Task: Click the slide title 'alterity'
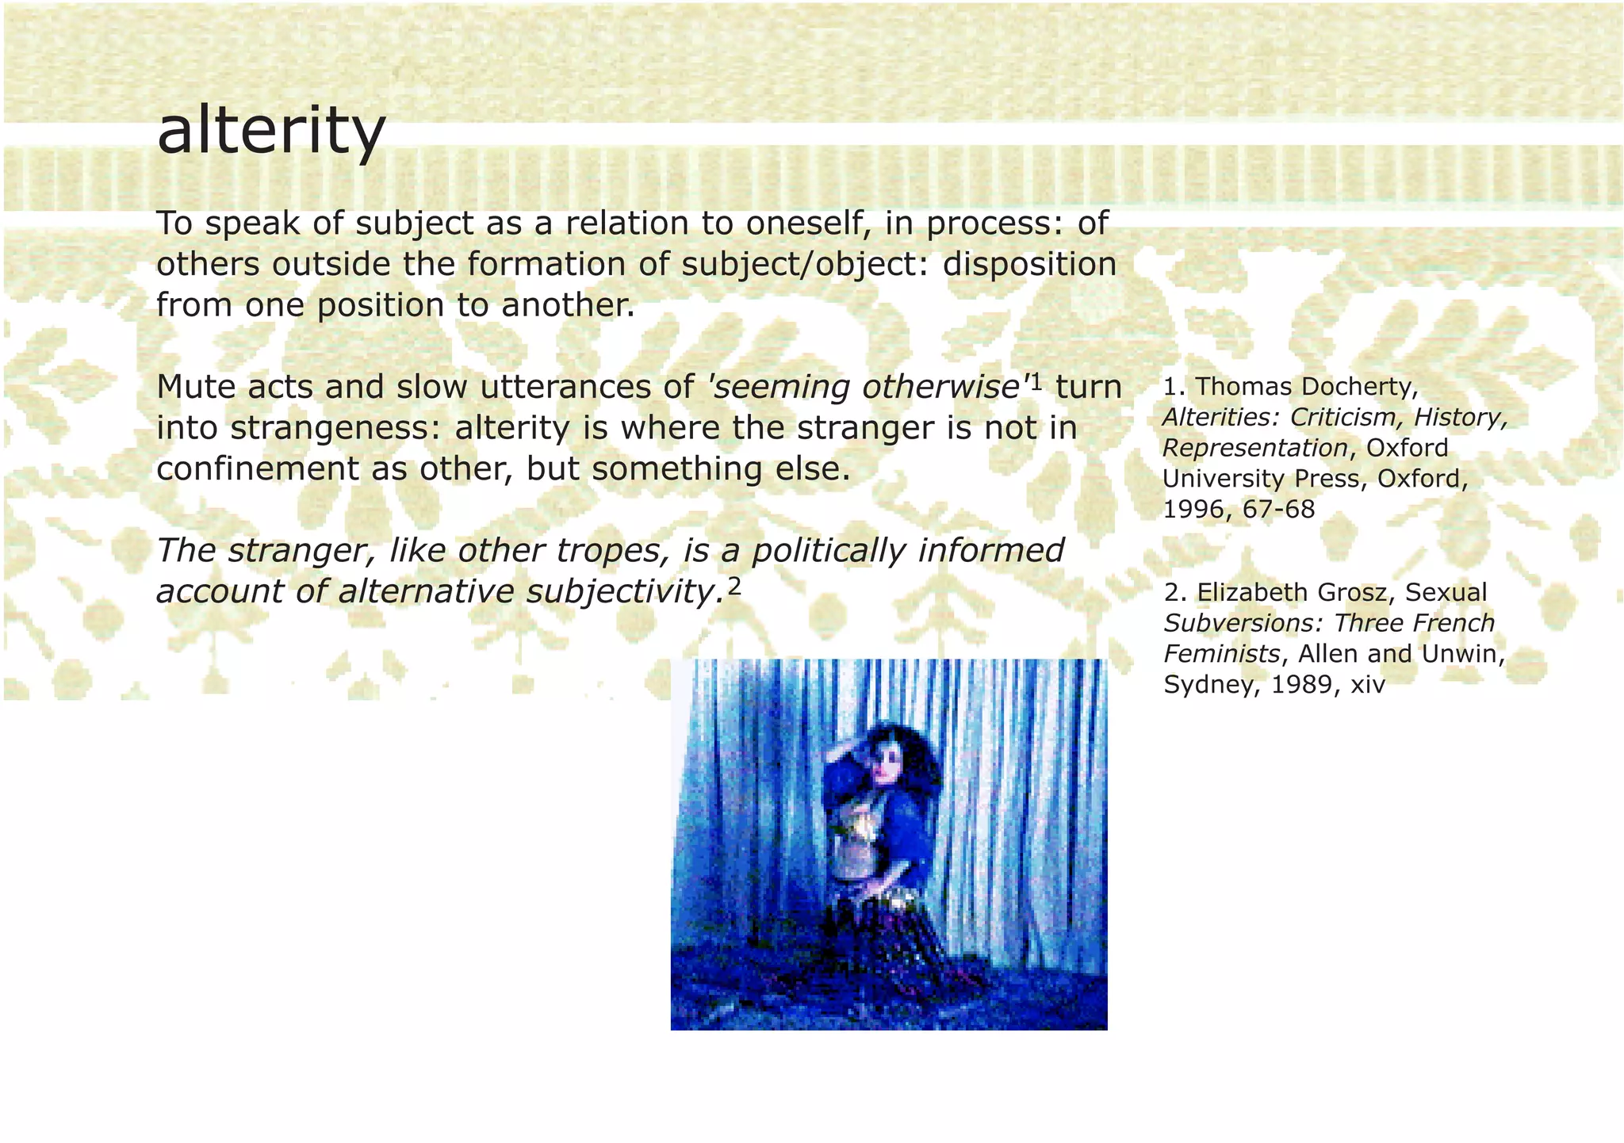[271, 132]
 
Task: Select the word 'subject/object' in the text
[804, 265]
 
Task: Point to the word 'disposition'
[1029, 265]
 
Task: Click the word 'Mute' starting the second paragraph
[195, 388]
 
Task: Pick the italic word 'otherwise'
[940, 388]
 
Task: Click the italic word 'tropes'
[617, 551]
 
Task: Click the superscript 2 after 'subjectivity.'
[734, 586]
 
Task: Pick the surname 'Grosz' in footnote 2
[1358, 592]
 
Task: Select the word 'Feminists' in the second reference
[1221, 654]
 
